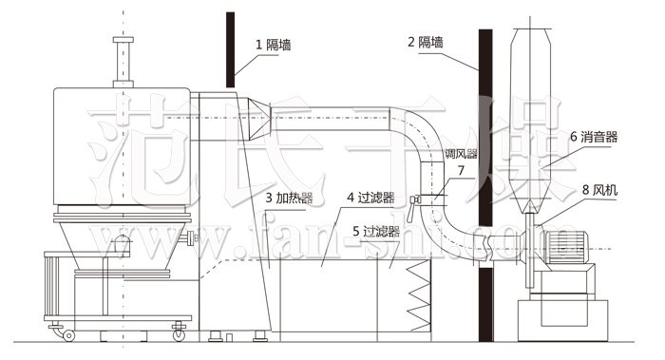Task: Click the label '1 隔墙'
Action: [x=275, y=44]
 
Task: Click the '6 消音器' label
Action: [x=594, y=137]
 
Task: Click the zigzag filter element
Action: [x=419, y=294]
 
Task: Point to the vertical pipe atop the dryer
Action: [x=121, y=61]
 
